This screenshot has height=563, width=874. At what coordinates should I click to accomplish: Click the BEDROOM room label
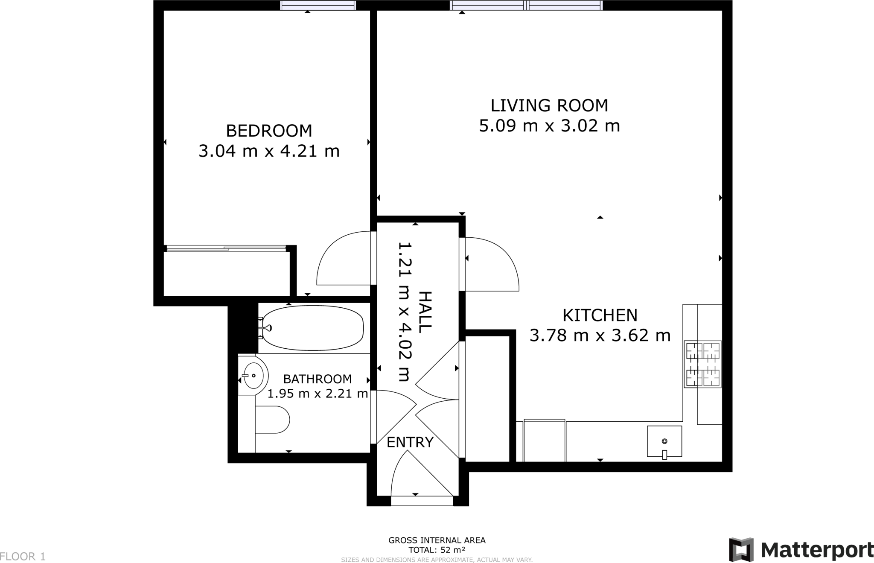pos(269,131)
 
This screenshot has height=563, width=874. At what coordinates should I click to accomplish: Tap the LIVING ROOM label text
pos(549,105)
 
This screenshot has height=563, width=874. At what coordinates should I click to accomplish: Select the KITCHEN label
pos(600,315)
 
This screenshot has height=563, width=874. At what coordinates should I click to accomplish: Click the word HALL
pos(425,312)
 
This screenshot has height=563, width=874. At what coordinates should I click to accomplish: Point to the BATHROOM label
pos(318,379)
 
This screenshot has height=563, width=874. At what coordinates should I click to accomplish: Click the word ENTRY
pos(410,443)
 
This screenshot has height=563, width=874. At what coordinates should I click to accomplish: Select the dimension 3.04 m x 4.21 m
pos(269,152)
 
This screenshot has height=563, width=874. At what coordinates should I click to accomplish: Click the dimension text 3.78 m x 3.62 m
pos(600,336)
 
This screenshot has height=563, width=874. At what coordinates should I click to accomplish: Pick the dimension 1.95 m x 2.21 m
pos(318,394)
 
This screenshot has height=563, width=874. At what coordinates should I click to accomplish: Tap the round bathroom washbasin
pos(253,376)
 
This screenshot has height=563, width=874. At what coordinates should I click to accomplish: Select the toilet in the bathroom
pos(272,420)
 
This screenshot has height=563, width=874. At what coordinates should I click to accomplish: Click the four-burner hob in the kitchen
pos(702,364)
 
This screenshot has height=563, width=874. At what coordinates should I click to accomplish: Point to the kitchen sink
pos(664,441)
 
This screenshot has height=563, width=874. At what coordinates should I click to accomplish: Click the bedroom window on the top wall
pos(318,5)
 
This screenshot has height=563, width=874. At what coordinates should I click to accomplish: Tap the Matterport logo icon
pos(741,550)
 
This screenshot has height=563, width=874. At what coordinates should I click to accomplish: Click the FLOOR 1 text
pos(23,557)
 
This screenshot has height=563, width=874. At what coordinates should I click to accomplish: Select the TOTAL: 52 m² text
pos(437,550)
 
